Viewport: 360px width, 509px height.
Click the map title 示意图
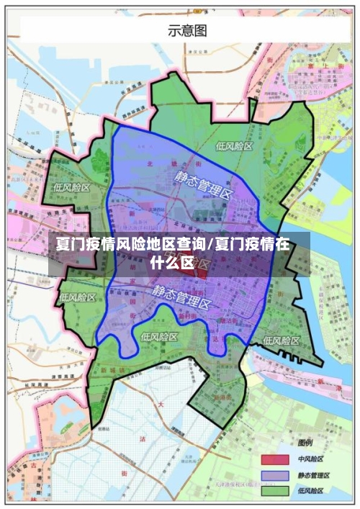187,30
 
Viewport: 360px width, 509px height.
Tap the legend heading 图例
305,442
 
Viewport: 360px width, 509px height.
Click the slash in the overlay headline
210,244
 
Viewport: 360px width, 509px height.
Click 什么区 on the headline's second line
173,262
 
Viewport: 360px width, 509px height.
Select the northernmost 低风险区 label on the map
234,146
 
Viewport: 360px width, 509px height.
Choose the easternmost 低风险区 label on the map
281,341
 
